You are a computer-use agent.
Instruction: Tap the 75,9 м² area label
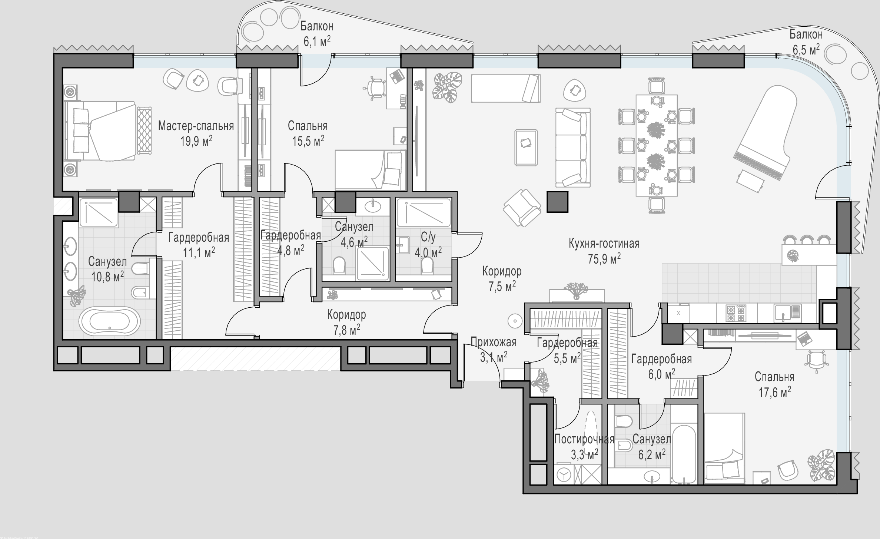(x=604, y=259)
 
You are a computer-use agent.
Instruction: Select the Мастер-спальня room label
(x=196, y=126)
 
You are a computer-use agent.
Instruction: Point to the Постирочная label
(x=584, y=440)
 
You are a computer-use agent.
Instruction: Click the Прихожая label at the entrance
(x=494, y=342)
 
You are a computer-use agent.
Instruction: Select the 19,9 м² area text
(x=196, y=141)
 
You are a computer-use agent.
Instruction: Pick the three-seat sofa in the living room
(x=572, y=148)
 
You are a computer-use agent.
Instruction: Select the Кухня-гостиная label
(x=604, y=244)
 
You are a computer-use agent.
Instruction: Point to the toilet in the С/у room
(x=428, y=265)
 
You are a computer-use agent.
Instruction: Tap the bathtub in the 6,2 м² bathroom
(x=684, y=454)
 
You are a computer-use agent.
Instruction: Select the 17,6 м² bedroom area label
(x=775, y=392)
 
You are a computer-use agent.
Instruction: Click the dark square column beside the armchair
(x=557, y=202)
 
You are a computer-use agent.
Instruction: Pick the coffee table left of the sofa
(x=526, y=147)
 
